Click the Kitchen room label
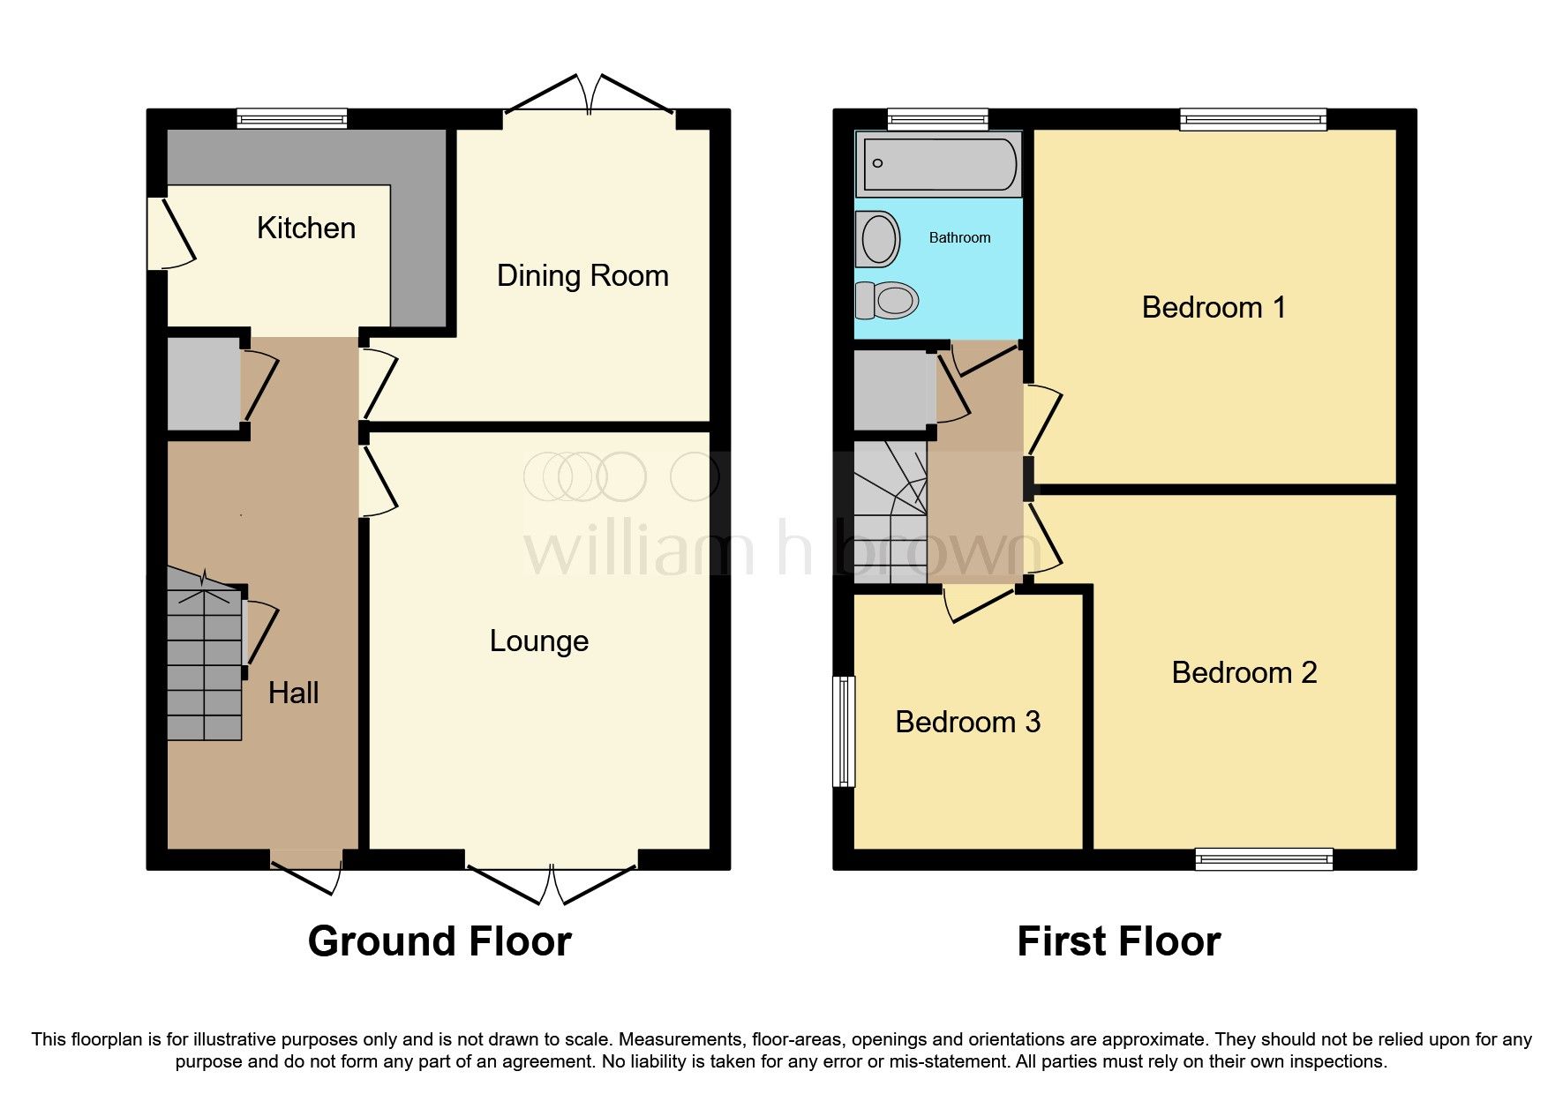pos(305,228)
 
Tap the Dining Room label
pos(582,275)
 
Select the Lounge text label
pos(538,641)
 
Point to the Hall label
pos(293,693)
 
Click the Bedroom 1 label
pos(1214,307)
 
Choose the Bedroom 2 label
pos(1244,672)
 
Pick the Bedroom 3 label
pos(967,722)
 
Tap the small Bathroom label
pos(959,237)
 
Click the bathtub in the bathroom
pos(939,164)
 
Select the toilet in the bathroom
pos(888,301)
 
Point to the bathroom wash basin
pos(877,239)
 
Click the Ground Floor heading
pos(440,941)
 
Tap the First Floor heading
pos(1118,941)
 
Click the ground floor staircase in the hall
pos(205,662)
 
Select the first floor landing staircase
pos(890,512)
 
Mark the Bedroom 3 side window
pos(845,731)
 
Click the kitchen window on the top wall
pos(291,119)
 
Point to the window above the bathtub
pos(937,119)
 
